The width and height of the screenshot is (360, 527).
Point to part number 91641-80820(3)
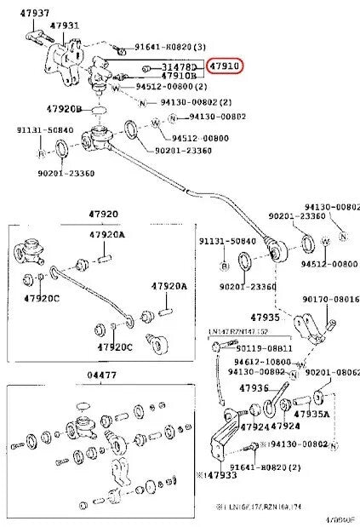(183, 49)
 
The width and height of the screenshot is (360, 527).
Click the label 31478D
(179, 66)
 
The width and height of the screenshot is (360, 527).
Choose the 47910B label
(180, 76)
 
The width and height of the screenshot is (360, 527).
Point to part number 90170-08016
(331, 300)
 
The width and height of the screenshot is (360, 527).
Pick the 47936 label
(254, 388)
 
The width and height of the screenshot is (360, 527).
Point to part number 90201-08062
(332, 372)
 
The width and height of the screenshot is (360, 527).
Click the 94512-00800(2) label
(171, 87)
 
